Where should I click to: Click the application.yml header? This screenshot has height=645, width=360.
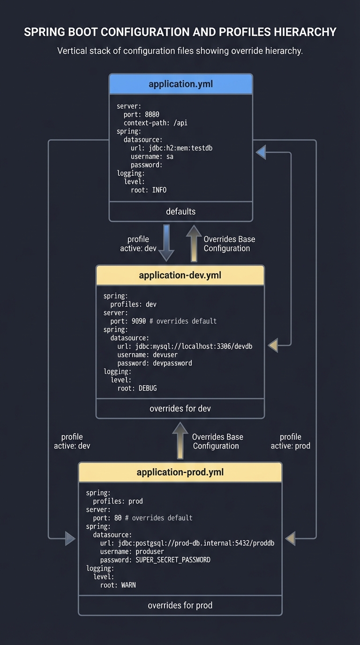[180, 84]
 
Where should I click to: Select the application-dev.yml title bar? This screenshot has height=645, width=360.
[180, 275]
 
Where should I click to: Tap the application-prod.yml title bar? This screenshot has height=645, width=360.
[180, 472]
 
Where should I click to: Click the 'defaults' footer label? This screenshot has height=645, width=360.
[180, 211]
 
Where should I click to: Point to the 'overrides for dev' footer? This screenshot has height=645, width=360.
[180, 408]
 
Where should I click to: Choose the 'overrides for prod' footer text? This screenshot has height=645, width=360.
[180, 605]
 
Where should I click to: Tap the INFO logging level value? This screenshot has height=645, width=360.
[159, 190]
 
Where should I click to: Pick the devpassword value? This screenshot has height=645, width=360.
[172, 363]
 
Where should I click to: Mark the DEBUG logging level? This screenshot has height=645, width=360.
[148, 388]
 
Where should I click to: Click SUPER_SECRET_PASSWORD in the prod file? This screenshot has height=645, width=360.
[173, 560]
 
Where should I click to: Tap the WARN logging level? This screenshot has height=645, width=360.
[128, 585]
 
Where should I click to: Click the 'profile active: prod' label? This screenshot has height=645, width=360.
[290, 441]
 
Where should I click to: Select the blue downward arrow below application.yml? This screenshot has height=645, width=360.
[166, 243]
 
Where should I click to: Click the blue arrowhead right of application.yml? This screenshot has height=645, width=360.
[261, 152]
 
